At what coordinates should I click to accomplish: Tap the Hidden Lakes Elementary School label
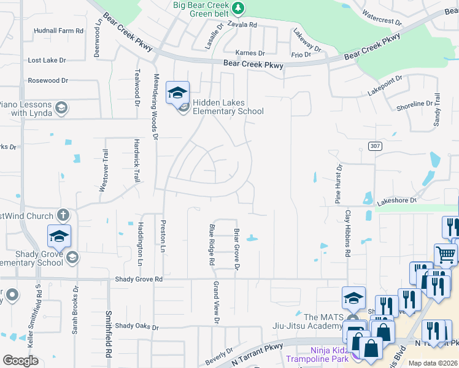point(228,107)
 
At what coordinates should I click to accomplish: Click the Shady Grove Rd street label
point(139,279)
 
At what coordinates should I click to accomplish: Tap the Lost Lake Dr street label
point(47,61)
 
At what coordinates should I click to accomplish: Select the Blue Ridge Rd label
point(212,245)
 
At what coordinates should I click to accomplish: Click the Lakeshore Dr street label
point(396,201)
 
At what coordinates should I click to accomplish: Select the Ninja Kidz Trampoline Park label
point(320,355)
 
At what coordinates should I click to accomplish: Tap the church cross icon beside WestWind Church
point(63,215)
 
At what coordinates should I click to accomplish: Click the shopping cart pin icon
point(445,253)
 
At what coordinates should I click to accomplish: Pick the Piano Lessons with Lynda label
point(28,109)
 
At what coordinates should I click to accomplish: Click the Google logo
point(20,360)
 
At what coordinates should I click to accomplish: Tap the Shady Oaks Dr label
point(137,326)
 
